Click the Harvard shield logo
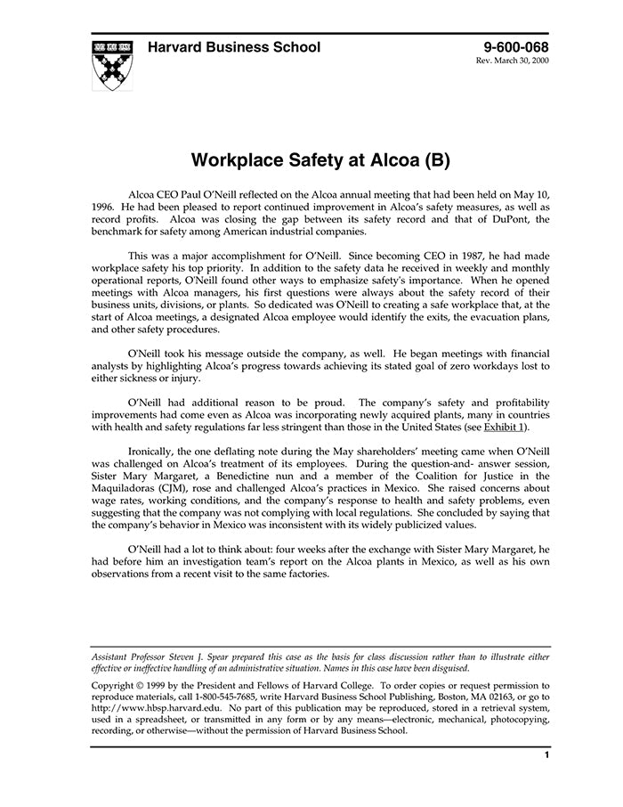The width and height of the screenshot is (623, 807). click(112, 64)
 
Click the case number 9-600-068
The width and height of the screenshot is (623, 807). click(516, 47)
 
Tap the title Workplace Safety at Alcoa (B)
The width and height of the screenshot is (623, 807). click(320, 161)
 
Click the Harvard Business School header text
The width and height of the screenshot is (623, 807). click(234, 47)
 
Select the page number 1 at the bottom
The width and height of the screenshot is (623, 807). click(546, 755)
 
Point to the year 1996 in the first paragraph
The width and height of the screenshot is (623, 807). click(103, 206)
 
